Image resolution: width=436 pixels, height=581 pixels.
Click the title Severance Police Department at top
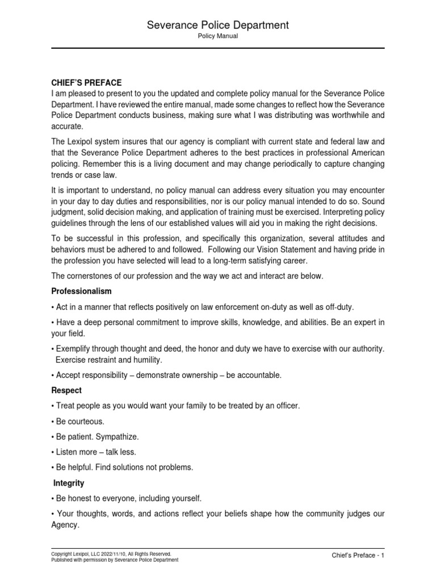(218, 25)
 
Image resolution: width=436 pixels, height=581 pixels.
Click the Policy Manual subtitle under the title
(218, 36)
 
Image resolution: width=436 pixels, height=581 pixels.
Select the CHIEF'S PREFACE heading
(86, 83)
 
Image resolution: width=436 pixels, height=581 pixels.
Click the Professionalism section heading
(81, 291)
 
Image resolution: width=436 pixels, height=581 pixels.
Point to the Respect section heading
(66, 390)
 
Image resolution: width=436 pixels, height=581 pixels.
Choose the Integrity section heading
(69, 483)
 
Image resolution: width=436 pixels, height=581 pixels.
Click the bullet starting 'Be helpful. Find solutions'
(122, 468)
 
